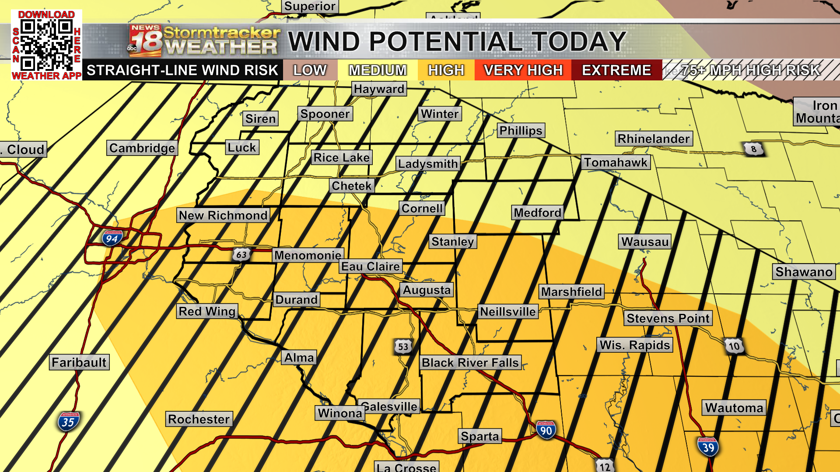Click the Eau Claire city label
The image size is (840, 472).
pyautogui.click(x=371, y=267)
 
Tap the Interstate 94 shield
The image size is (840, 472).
pyautogui.click(x=112, y=238)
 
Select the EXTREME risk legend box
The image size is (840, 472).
pyautogui.click(x=616, y=70)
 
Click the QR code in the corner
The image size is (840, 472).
pyautogui.click(x=46, y=45)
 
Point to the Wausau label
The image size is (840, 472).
pyautogui.click(x=645, y=242)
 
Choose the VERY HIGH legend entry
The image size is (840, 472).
pyautogui.click(x=523, y=70)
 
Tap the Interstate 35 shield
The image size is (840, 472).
pyautogui.click(x=68, y=422)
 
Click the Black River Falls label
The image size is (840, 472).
pyautogui.click(x=470, y=363)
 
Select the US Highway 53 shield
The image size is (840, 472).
pyautogui.click(x=403, y=347)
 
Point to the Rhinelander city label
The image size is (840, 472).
pyautogui.click(x=654, y=139)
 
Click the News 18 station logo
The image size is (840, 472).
pyautogui.click(x=146, y=41)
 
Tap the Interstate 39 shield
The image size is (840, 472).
pyautogui.click(x=708, y=447)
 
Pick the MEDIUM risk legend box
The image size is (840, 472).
pyautogui.click(x=378, y=70)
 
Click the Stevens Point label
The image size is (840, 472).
pyautogui.click(x=668, y=318)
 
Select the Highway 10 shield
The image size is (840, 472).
pyautogui.click(x=734, y=346)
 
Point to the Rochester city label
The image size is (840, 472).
pyautogui.click(x=199, y=419)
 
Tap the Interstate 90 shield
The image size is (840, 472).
pyautogui.click(x=546, y=430)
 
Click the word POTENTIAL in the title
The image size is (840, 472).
pyautogui.click(x=446, y=42)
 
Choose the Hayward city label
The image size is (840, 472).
pyautogui.click(x=379, y=89)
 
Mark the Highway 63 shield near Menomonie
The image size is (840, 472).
pyautogui.click(x=241, y=254)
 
